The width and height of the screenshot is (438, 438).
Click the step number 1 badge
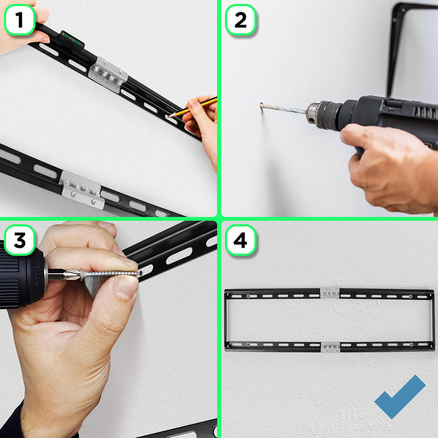tap(19, 21)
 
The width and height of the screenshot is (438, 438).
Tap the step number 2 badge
tap(240, 21)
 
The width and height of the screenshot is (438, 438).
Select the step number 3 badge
tap(19, 240)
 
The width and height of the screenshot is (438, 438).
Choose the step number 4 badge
tap(240, 240)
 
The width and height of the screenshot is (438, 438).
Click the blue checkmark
tap(400, 396)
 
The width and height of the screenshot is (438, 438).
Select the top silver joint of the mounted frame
tap(330, 293)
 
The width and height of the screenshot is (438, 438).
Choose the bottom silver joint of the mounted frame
tap(330, 346)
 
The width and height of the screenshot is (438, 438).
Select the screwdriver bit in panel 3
tap(59, 273)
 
